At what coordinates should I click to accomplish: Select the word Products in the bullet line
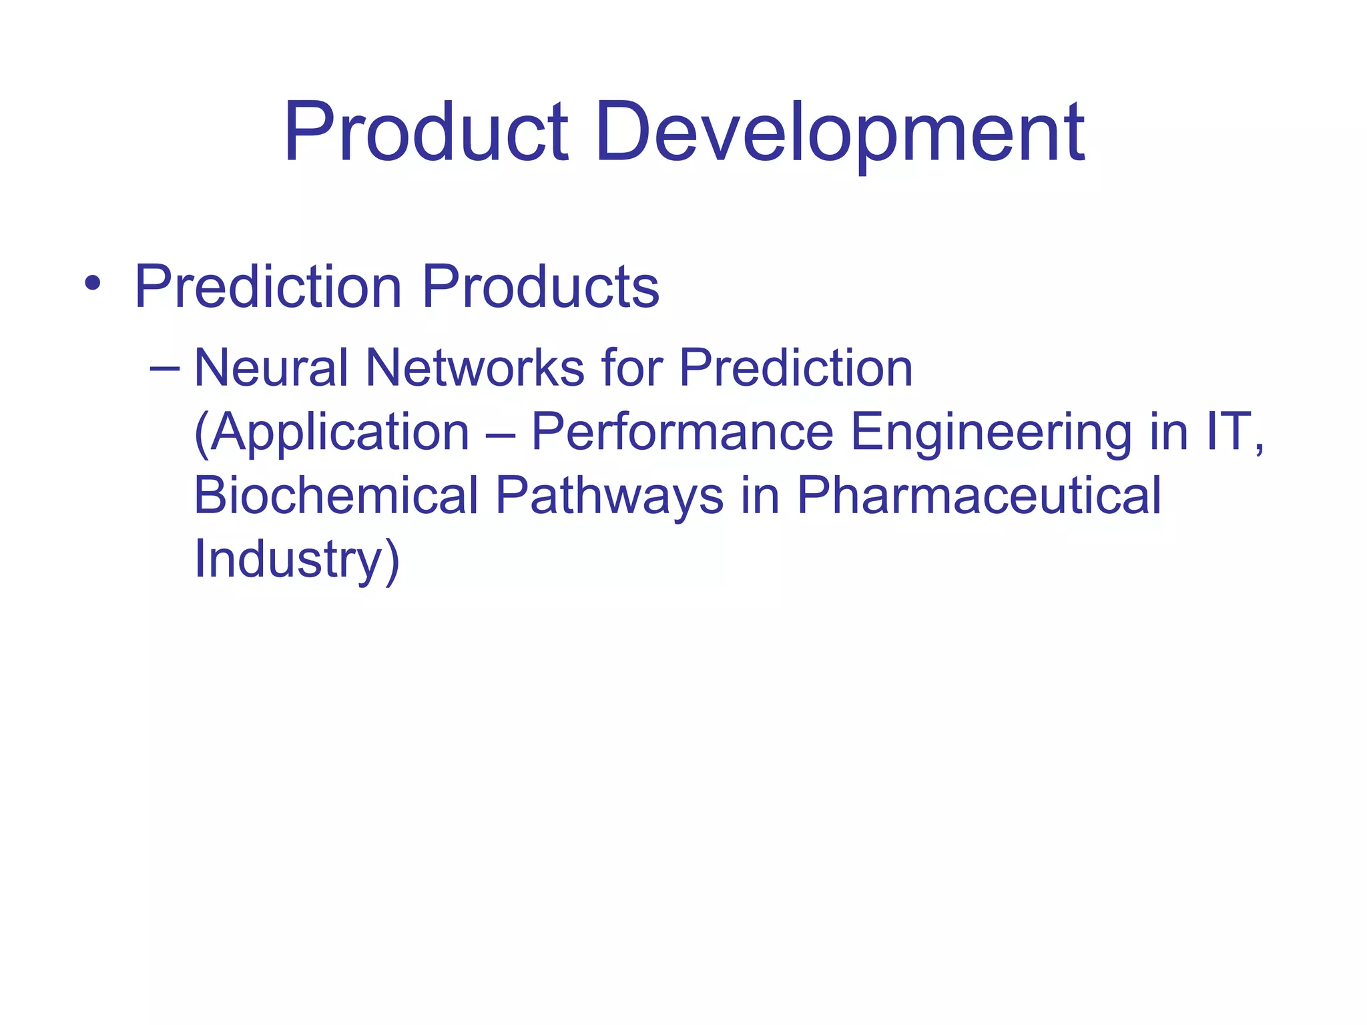click(x=541, y=287)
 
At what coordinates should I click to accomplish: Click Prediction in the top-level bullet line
click(x=268, y=287)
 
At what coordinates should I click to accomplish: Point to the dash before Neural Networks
click(x=165, y=368)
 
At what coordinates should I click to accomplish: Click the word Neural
click(x=271, y=368)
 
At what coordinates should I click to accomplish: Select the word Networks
click(x=475, y=368)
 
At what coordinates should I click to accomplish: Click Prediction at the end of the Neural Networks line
click(x=796, y=368)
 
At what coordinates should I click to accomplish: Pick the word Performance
click(x=682, y=432)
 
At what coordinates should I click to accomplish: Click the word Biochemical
click(x=336, y=496)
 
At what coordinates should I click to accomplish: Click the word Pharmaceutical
click(x=979, y=496)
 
